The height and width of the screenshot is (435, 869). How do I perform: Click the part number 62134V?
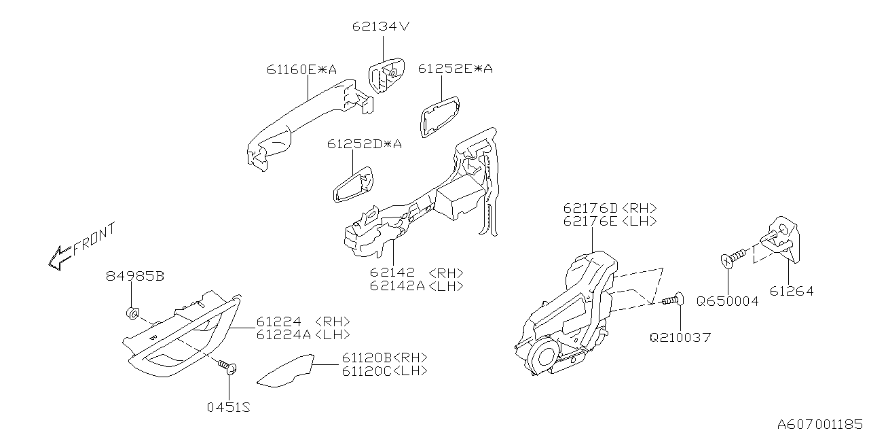[381, 27]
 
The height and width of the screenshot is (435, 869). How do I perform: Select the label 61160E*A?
[301, 69]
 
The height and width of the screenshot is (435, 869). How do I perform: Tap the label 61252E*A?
[455, 69]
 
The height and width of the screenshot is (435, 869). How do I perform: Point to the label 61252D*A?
[364, 144]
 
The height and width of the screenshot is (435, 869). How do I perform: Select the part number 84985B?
[135, 277]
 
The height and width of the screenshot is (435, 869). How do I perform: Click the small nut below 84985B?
[134, 313]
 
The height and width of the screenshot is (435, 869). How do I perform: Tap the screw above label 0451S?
[228, 368]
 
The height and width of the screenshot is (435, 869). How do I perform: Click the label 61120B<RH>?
[384, 358]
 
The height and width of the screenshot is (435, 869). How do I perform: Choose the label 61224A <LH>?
[303, 334]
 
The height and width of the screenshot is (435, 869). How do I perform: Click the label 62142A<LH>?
[417, 286]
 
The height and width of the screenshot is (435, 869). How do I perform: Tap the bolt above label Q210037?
[672, 299]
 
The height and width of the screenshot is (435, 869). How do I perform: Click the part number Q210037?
[680, 337]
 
